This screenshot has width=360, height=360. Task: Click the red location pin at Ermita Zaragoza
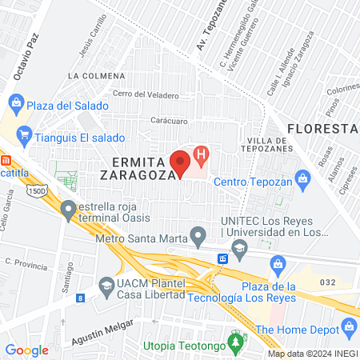click(x=182, y=160)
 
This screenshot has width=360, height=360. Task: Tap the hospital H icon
click(x=202, y=153)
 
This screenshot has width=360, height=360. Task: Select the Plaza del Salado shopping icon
click(x=16, y=104)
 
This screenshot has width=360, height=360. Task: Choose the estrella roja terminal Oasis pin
click(x=69, y=210)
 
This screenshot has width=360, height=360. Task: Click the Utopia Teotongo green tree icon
click(x=234, y=345)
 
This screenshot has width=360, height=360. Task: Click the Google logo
click(x=26, y=350)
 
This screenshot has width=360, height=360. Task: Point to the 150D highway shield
click(x=35, y=192)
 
